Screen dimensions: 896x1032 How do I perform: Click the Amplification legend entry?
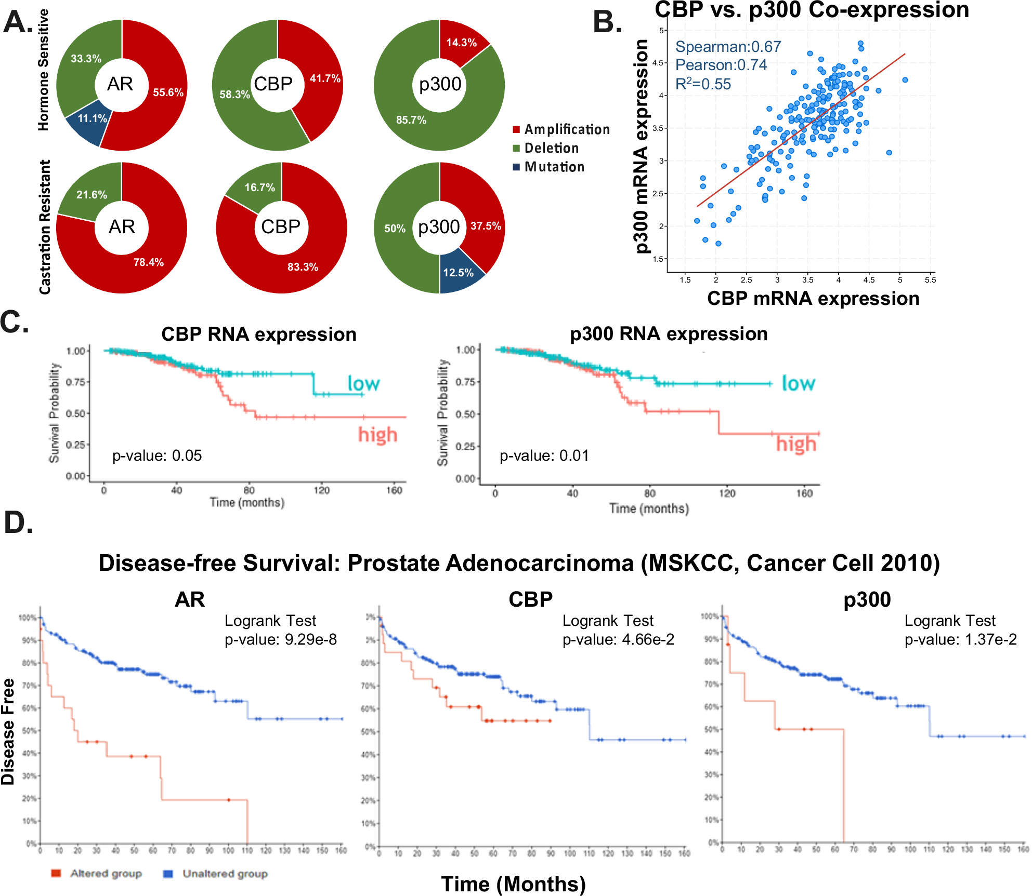coord(561,129)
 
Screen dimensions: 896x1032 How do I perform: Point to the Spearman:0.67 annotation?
coord(728,47)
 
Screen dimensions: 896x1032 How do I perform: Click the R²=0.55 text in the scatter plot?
coord(703,84)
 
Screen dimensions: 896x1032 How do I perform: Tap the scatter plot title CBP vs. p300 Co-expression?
coord(812,10)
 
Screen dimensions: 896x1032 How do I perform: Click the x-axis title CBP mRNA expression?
coord(813,299)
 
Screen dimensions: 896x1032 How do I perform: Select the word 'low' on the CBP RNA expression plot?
coord(363,384)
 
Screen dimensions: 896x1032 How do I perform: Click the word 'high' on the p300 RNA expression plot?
coord(796,444)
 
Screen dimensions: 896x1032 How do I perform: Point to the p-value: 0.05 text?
coord(157,456)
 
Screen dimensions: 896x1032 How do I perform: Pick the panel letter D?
coord(18,523)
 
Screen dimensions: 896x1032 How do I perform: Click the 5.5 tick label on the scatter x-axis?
coord(930,280)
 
